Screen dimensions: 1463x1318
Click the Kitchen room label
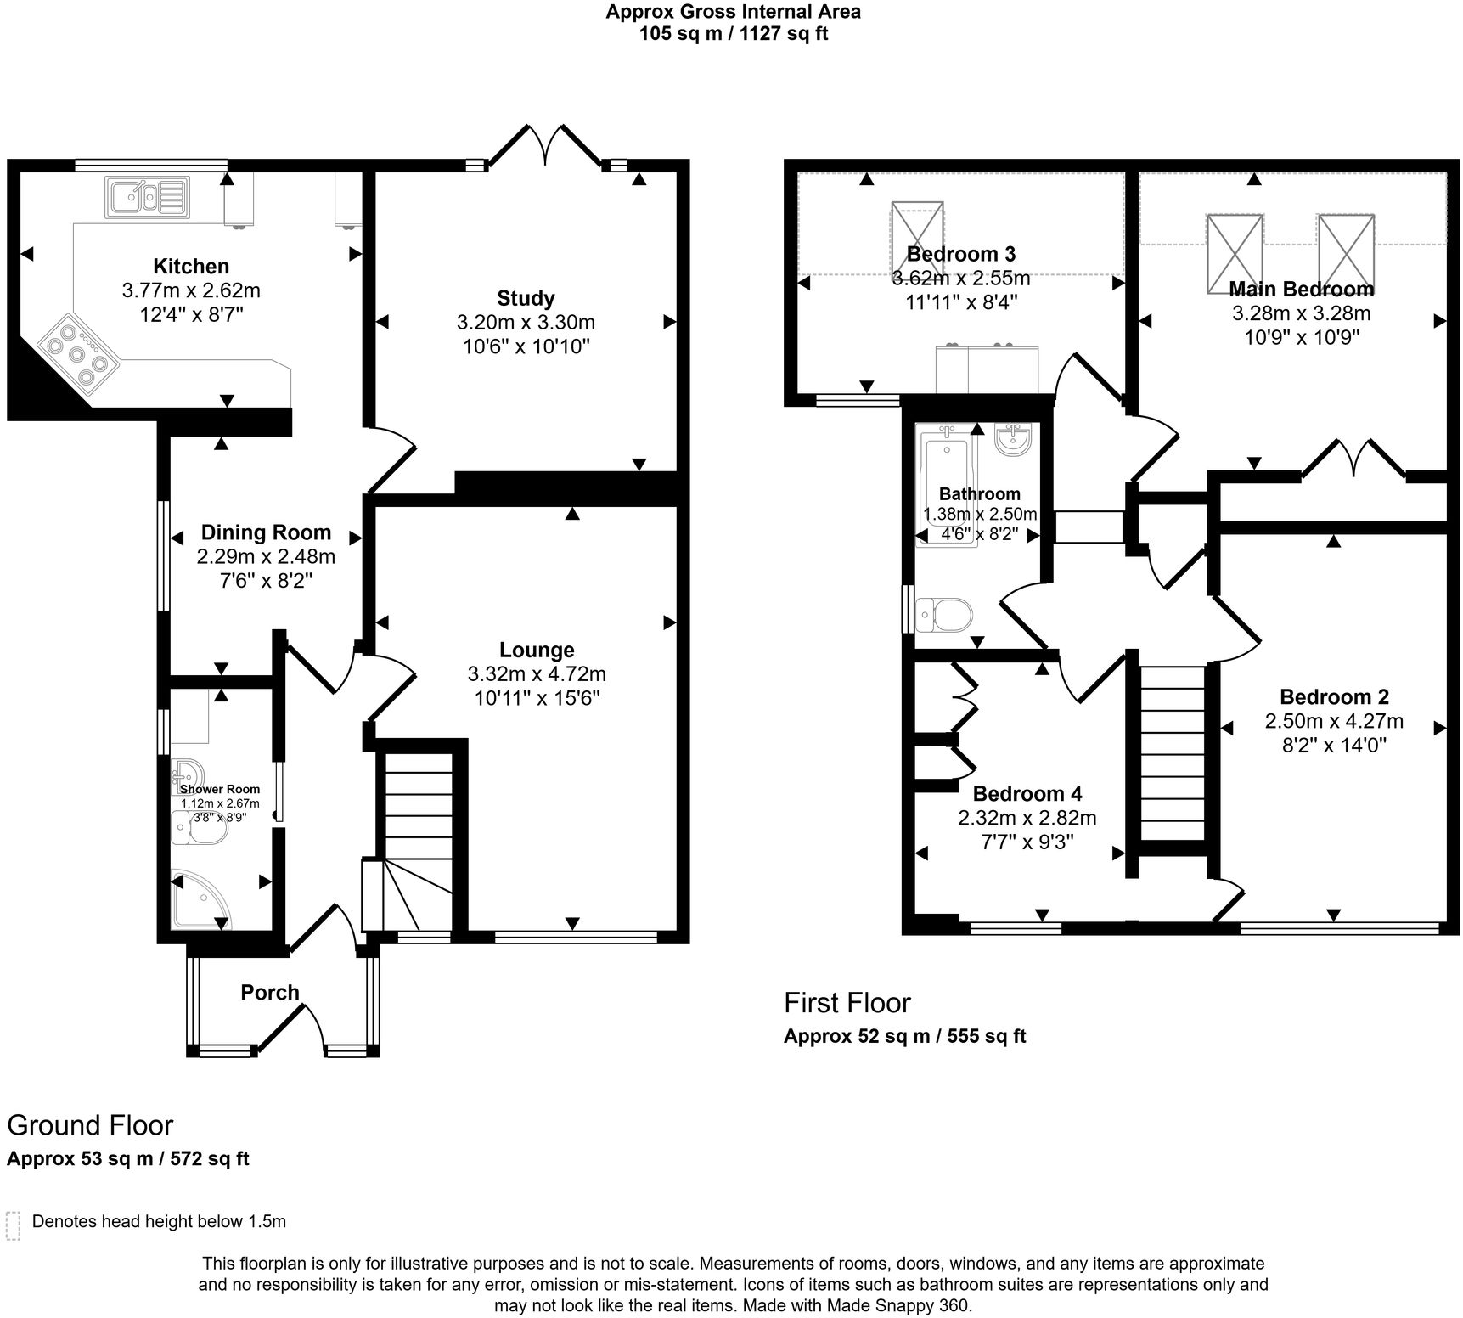[191, 266]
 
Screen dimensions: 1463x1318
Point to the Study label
[526, 298]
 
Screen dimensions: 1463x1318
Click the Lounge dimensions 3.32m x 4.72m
[537, 674]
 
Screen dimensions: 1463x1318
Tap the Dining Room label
[266, 532]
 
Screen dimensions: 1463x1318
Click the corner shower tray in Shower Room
[200, 899]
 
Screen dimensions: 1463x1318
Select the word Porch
[270, 992]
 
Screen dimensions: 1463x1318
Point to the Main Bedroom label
[1302, 289]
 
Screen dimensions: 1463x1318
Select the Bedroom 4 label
[1027, 794]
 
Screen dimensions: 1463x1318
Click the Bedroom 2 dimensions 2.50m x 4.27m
[1334, 722]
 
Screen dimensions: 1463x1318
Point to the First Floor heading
[847, 1003]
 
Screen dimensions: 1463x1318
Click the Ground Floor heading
[90, 1125]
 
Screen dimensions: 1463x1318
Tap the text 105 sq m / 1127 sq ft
[733, 34]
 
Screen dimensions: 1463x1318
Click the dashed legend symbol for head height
[13, 1225]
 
